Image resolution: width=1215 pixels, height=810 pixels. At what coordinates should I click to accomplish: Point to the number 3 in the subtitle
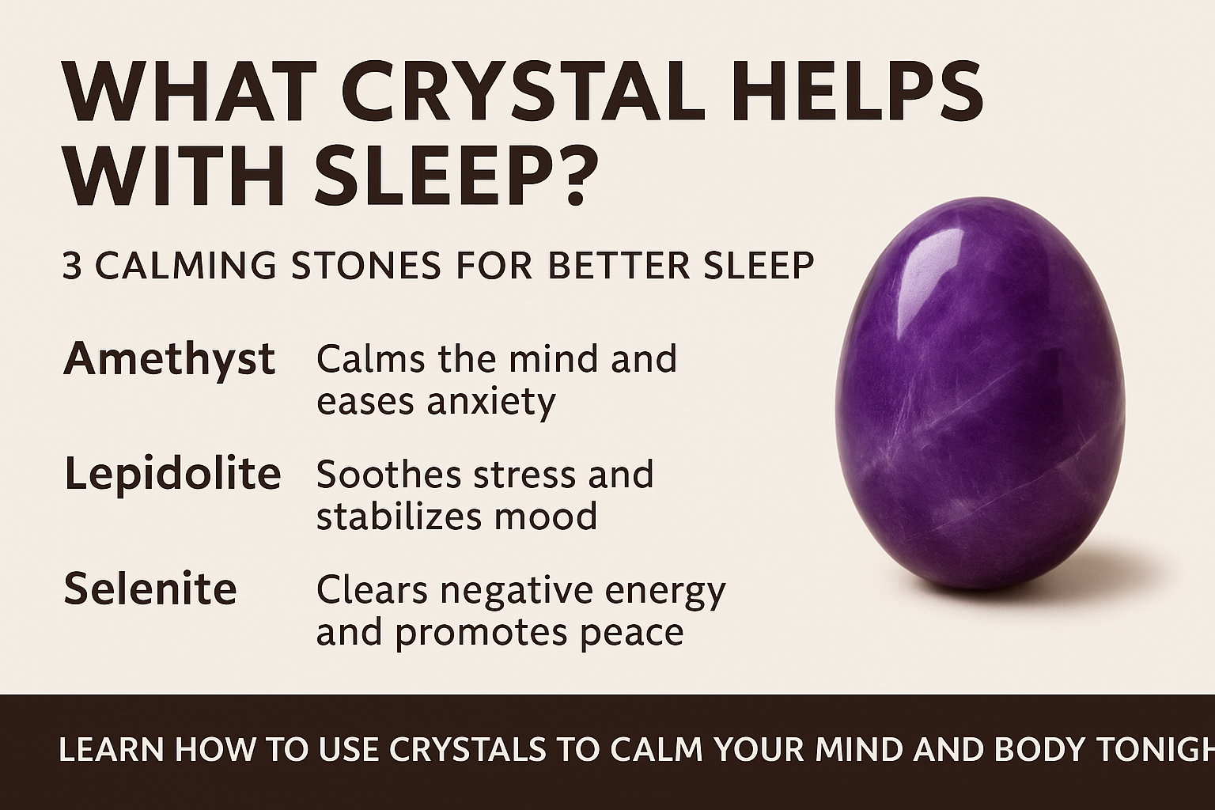point(72,266)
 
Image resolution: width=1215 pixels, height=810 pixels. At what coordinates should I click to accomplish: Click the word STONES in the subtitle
point(367,266)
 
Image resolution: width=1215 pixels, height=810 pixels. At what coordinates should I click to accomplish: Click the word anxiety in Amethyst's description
point(491,403)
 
